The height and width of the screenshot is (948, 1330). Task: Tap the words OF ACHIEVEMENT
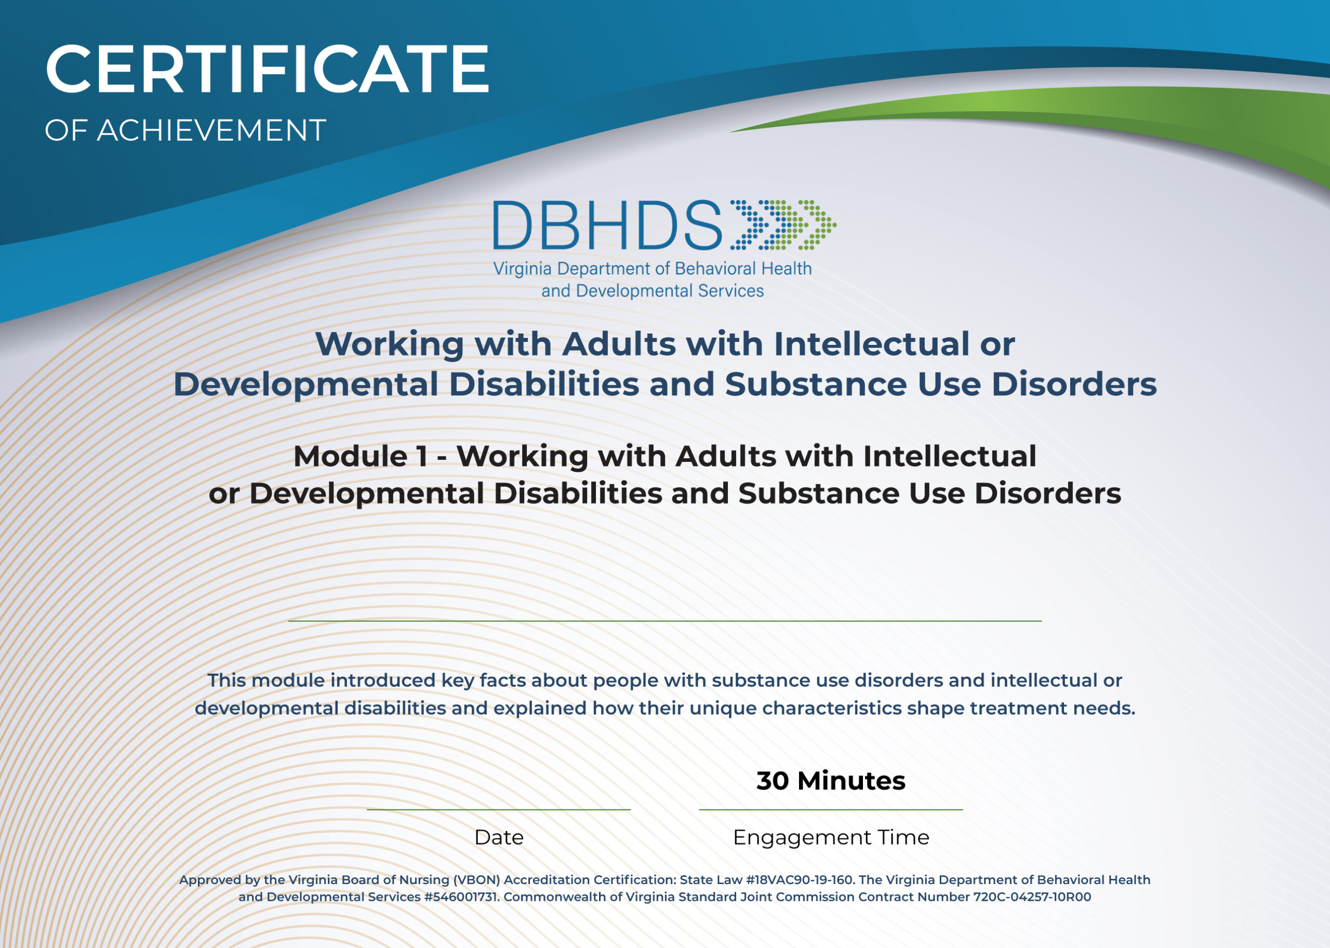point(185,130)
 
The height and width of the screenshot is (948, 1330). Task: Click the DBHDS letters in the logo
point(607,225)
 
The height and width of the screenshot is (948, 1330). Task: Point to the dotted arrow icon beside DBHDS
point(782,225)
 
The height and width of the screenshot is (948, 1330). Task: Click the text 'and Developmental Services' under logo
point(652,291)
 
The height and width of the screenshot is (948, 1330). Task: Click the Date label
point(499,837)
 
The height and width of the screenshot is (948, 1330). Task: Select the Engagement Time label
point(830,837)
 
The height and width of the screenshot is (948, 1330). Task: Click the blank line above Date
point(499,809)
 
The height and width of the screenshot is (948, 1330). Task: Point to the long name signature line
point(664,621)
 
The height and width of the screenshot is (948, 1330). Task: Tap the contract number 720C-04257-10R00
point(1032,897)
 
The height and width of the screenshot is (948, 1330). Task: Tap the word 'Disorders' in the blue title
point(1074,384)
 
